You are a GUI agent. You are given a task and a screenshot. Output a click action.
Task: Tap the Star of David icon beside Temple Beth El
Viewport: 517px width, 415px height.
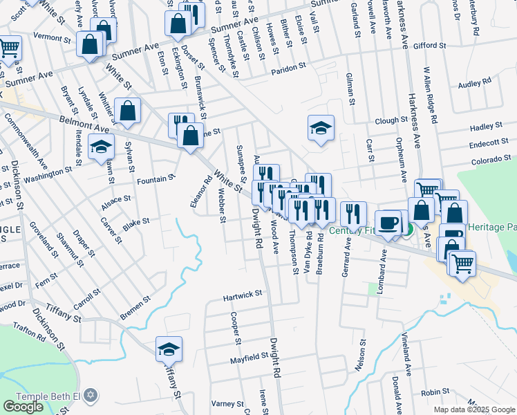(x=90, y=396)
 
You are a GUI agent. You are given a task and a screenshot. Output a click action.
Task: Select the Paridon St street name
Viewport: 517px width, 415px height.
(x=288, y=68)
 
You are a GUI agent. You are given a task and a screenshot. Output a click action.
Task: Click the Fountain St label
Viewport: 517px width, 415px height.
(x=156, y=180)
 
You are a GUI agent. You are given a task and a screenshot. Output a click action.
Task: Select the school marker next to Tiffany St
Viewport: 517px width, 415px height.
(x=169, y=349)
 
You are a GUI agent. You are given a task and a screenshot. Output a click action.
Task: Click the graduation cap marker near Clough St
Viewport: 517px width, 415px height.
(x=321, y=128)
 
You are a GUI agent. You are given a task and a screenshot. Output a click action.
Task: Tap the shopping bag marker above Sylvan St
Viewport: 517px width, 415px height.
(x=129, y=111)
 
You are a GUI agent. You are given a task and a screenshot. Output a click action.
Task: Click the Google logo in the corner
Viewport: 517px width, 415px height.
(x=23, y=407)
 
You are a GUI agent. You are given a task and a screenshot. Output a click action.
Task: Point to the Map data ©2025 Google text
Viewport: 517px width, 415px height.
(x=474, y=409)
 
